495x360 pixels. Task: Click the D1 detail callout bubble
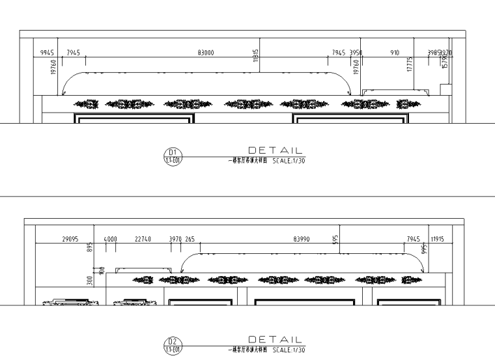[174, 158]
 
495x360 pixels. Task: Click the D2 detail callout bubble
[174, 342]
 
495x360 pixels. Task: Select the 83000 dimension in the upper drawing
[206, 52]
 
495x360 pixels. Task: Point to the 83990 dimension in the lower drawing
[302, 240]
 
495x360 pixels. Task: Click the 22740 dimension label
[143, 240]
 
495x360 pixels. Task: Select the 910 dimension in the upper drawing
[395, 52]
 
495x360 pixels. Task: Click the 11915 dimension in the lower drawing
[437, 240]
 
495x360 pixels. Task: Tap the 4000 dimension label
[110, 240]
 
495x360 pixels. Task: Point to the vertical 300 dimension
[91, 281]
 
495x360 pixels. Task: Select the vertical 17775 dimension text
[410, 64]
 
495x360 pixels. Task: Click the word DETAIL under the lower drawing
[276, 339]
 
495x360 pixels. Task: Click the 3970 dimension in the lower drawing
[175, 240]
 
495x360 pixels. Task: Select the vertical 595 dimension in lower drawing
[335, 239]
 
